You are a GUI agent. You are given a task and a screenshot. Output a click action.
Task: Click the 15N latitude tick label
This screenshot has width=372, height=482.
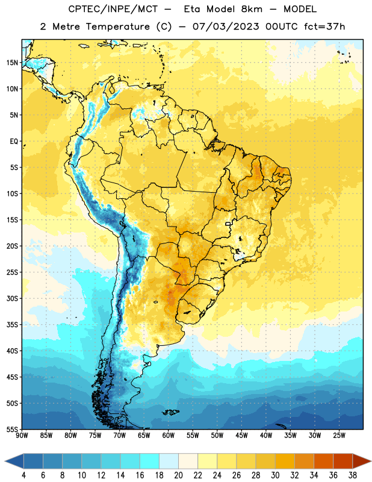tap(12, 63)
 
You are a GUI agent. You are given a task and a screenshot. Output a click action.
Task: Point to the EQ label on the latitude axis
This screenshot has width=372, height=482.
tap(14, 142)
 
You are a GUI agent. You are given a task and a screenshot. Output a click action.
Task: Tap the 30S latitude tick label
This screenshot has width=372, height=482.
tap(12, 298)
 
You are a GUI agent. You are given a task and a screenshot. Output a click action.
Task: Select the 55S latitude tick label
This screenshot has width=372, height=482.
tap(12, 429)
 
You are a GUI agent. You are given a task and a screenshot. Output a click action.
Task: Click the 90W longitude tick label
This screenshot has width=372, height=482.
tap(22, 435)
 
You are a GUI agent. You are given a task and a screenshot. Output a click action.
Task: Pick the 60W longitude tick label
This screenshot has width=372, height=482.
tap(169, 435)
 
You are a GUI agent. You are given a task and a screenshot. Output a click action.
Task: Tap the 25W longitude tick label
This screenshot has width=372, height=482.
tap(339, 435)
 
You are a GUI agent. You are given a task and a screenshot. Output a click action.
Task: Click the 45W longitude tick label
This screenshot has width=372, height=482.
tap(242, 435)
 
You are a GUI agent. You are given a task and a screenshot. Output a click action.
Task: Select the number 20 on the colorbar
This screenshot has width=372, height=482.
tap(178, 475)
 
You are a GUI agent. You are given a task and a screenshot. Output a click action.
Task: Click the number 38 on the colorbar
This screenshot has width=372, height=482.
tap(353, 475)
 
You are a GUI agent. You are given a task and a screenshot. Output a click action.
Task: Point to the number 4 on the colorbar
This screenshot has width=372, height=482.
tap(23, 475)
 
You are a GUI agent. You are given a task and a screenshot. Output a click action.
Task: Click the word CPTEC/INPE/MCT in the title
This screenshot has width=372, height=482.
tap(113, 9)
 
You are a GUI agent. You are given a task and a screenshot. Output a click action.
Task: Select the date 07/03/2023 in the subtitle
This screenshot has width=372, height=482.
tap(226, 27)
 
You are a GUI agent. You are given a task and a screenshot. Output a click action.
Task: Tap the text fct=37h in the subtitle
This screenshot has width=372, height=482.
tap(324, 27)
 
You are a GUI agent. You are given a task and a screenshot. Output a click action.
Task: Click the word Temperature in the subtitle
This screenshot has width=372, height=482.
tap(117, 27)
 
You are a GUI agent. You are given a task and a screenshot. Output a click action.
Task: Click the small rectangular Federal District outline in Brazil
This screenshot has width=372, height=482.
tap(228, 224)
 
